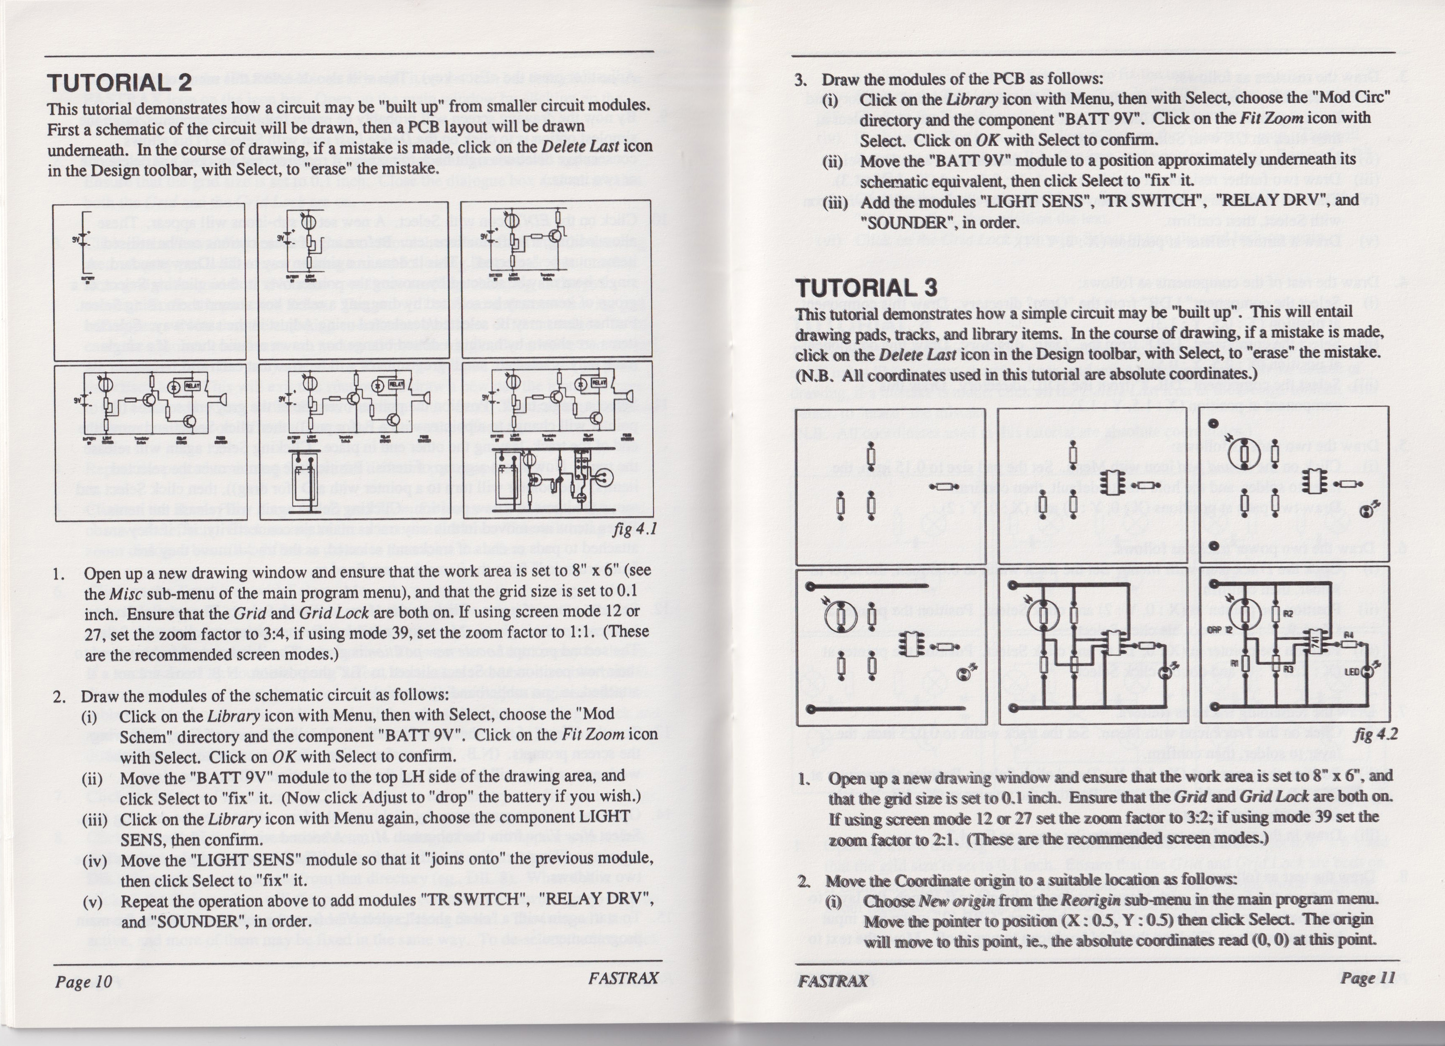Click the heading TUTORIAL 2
(x=119, y=82)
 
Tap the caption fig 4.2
(x=1376, y=734)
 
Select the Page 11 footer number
(x=1368, y=977)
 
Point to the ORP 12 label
(x=1221, y=630)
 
